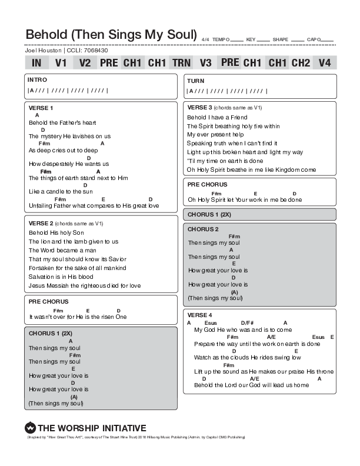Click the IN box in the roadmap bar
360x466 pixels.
pyautogui.click(x=36, y=62)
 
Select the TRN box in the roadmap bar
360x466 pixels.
pyautogui.click(x=181, y=62)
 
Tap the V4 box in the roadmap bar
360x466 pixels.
pyautogui.click(x=325, y=62)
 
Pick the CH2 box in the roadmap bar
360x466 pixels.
pyautogui.click(x=301, y=62)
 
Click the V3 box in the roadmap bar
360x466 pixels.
pyautogui.click(x=205, y=62)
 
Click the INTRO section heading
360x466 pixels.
pyautogui.click(x=37, y=79)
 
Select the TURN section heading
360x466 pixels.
pyautogui.click(x=195, y=80)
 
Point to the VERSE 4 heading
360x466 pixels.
pyautogui.click(x=199, y=315)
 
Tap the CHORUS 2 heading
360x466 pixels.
pyautogui.click(x=203, y=229)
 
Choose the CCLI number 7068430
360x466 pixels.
pyautogui.click(x=96, y=51)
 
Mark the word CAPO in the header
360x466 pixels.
pyautogui.click(x=314, y=39)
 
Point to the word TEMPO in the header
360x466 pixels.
pyautogui.click(x=221, y=39)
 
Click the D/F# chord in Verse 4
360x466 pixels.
pyautogui.click(x=246, y=322)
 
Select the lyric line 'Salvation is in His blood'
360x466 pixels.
pyautogui.click(x=61, y=277)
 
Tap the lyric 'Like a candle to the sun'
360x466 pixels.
pyautogui.click(x=60, y=191)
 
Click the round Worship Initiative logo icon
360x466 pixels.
pyautogui.click(x=31, y=428)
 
